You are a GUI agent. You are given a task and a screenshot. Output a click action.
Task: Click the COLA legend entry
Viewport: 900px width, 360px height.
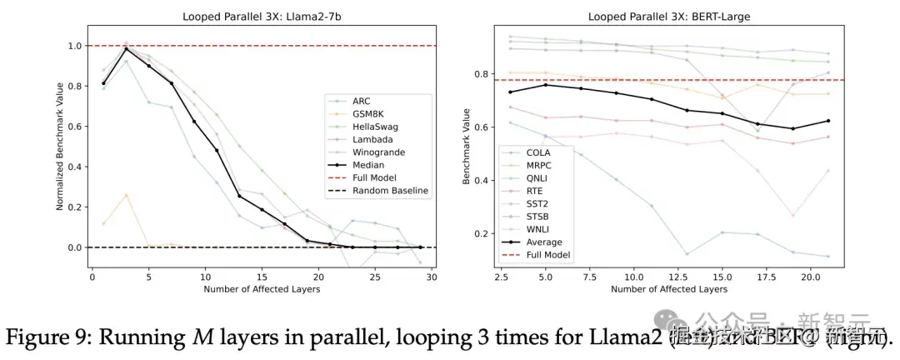537,152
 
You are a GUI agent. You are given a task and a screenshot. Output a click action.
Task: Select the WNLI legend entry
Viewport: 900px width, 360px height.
537,227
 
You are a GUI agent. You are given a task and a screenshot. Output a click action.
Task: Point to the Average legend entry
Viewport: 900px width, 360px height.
543,242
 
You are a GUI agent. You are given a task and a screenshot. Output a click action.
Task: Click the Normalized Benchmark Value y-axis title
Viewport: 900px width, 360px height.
60,147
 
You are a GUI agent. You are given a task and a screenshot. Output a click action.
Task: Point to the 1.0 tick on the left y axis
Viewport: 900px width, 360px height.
78,46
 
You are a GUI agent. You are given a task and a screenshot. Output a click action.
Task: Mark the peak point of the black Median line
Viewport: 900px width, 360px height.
126,49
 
